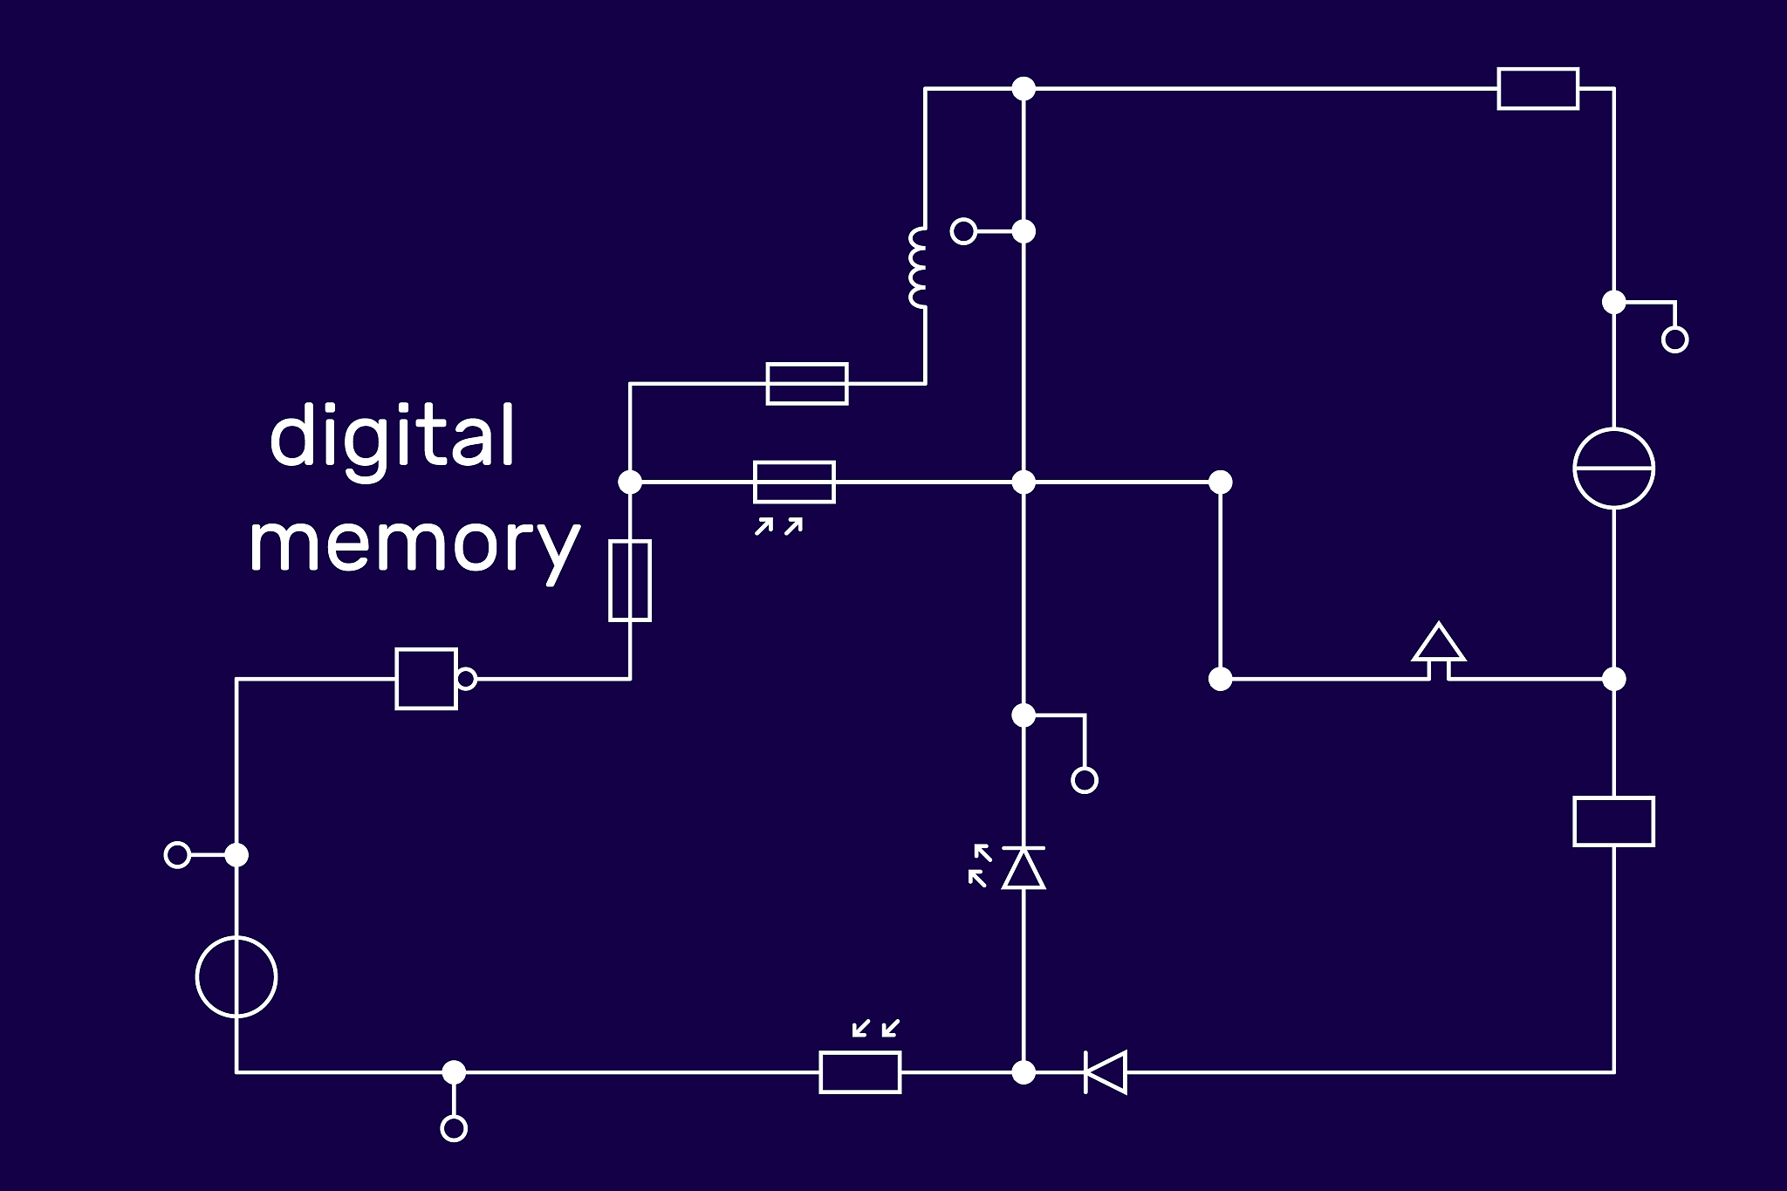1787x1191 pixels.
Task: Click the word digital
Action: click(x=393, y=436)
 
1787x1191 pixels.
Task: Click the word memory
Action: click(x=414, y=543)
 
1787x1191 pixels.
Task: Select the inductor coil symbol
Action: click(x=918, y=268)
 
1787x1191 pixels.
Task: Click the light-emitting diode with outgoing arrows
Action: click(x=1023, y=868)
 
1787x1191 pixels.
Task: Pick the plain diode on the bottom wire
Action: click(x=1106, y=1071)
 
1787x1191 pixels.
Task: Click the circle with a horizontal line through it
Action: click(x=1613, y=468)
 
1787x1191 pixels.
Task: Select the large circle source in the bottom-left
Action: click(x=236, y=976)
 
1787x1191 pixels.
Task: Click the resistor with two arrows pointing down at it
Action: click(x=859, y=1071)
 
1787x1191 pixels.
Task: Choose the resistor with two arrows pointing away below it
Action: click(x=794, y=482)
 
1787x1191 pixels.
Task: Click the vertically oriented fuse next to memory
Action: click(x=629, y=580)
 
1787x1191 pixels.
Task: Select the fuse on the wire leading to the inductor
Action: click(x=807, y=383)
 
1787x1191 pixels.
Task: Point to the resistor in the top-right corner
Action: click(x=1537, y=88)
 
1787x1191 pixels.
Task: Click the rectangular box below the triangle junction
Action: click(x=1613, y=821)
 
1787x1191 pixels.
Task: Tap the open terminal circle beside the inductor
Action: click(x=963, y=231)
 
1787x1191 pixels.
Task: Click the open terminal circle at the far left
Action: click(x=177, y=854)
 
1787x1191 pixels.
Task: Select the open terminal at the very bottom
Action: click(x=454, y=1128)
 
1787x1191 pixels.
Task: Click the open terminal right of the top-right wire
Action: click(x=1674, y=339)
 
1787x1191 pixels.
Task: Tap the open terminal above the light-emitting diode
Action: click(x=1084, y=779)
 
